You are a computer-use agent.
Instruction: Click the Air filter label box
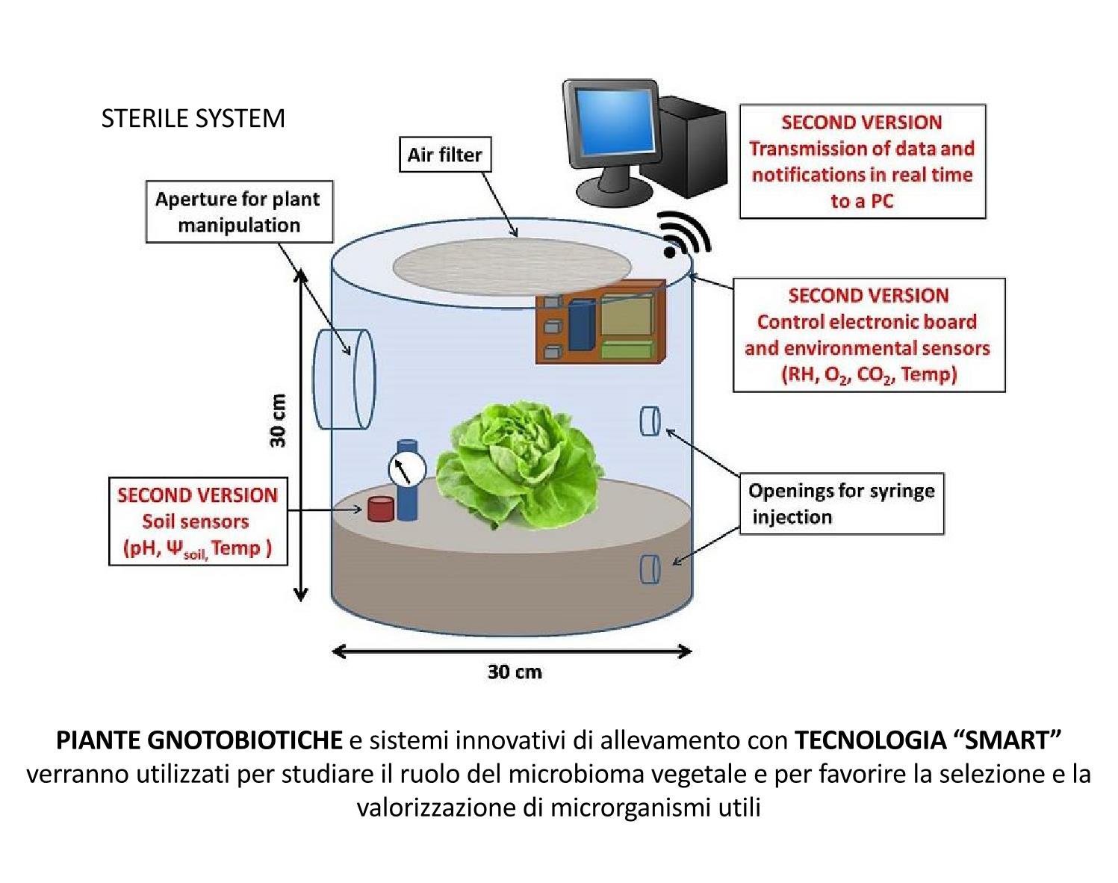[445, 155]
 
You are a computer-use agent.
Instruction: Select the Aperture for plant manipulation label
[239, 212]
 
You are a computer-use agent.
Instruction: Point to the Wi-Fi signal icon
[681, 235]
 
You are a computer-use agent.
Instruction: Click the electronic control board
[600, 322]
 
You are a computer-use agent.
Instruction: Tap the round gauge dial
[406, 468]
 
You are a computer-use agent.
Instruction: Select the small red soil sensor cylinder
[379, 509]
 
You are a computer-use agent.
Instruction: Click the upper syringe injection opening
[649, 421]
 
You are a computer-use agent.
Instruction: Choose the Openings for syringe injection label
[842, 504]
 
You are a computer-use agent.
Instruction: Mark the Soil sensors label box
[198, 521]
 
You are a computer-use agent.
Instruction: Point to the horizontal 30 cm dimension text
[515, 672]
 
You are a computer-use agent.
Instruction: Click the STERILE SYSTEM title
[193, 118]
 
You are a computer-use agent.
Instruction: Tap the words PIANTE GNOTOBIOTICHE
[199, 740]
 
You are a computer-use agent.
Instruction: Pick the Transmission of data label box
[862, 161]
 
